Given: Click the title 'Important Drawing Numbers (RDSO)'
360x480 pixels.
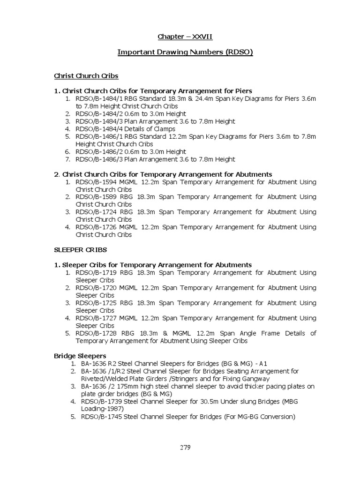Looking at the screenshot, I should (185, 52).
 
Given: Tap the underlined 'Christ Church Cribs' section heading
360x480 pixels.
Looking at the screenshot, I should (86, 75).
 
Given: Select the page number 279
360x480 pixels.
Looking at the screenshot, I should (185, 447).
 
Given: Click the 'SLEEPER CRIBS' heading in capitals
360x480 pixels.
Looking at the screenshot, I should (81, 250).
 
